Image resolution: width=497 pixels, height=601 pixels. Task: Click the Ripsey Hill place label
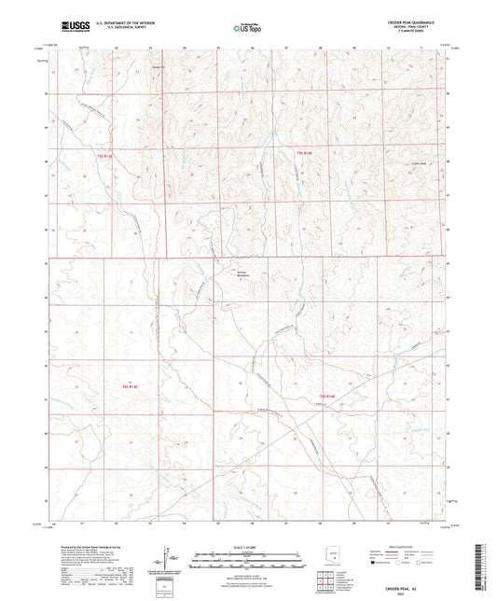[159, 67]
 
